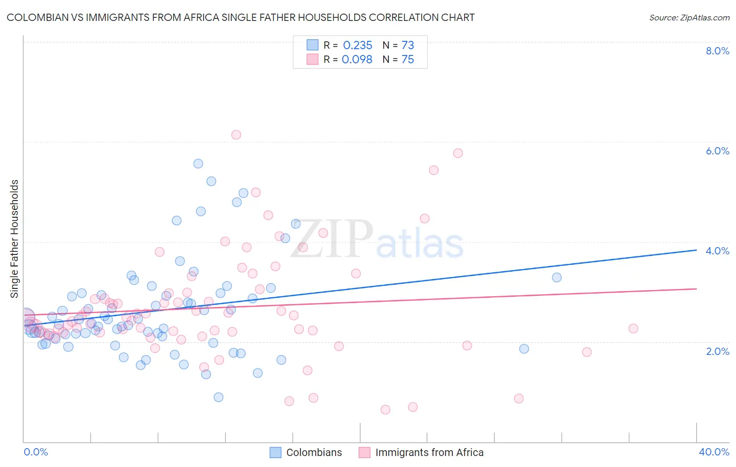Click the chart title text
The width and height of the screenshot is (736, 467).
(240, 17)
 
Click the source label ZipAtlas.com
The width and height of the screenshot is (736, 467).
(689, 18)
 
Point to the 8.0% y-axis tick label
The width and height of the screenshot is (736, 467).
(717, 51)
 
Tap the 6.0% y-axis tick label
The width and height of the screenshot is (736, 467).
(717, 151)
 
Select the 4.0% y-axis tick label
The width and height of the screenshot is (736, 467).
(717, 251)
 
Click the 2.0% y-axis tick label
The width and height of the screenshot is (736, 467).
(717, 351)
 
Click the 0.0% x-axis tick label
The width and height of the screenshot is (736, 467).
(36, 452)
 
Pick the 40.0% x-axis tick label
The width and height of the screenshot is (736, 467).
(713, 452)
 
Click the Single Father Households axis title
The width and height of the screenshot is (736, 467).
(14, 239)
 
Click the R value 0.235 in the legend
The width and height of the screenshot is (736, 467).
(358, 46)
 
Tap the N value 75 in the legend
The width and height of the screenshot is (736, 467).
(407, 60)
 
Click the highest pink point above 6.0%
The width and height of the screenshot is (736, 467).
(236, 135)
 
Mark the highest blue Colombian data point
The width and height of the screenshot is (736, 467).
(198, 163)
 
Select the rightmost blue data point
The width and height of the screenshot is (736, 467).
(556, 277)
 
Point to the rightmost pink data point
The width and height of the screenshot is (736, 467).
(633, 328)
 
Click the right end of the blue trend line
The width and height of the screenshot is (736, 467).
(696, 250)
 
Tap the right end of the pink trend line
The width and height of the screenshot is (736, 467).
(696, 288)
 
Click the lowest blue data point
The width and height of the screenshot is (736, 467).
(218, 397)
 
